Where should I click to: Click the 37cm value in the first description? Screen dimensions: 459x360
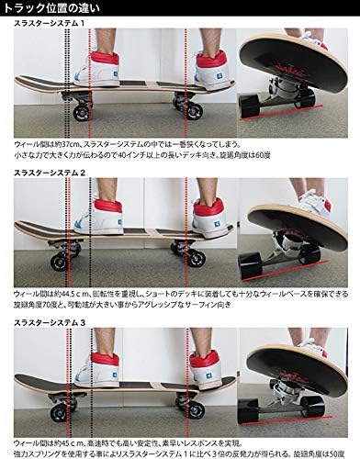tap(68, 145)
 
